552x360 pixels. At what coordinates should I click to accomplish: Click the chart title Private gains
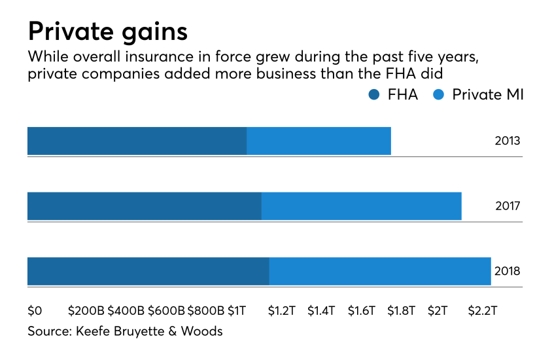[x=107, y=31]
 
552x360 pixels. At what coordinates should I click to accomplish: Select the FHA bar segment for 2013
[x=137, y=141]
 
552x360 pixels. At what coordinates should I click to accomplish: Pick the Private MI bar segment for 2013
[x=319, y=141]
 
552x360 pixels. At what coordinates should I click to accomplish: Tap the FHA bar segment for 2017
[x=144, y=206]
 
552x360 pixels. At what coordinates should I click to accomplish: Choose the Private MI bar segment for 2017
[x=361, y=206]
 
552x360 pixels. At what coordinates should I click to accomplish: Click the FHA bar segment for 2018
[x=148, y=271]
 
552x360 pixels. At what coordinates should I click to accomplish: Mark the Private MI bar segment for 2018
[x=379, y=271]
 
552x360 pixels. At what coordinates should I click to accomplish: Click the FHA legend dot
[x=374, y=95]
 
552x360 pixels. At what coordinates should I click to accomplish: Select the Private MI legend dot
[x=439, y=95]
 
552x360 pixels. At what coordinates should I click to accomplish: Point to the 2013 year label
[x=508, y=141]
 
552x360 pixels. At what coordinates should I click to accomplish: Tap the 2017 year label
[x=508, y=206]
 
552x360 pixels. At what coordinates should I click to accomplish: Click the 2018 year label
[x=508, y=271]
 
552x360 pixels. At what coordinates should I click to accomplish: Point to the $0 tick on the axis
[x=35, y=310]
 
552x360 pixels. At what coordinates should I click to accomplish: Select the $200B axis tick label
[x=86, y=310]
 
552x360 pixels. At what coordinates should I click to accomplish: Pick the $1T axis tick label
[x=237, y=310]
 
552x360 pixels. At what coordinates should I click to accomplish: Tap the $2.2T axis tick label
[x=483, y=310]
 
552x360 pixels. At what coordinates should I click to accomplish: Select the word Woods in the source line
[x=203, y=331]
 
